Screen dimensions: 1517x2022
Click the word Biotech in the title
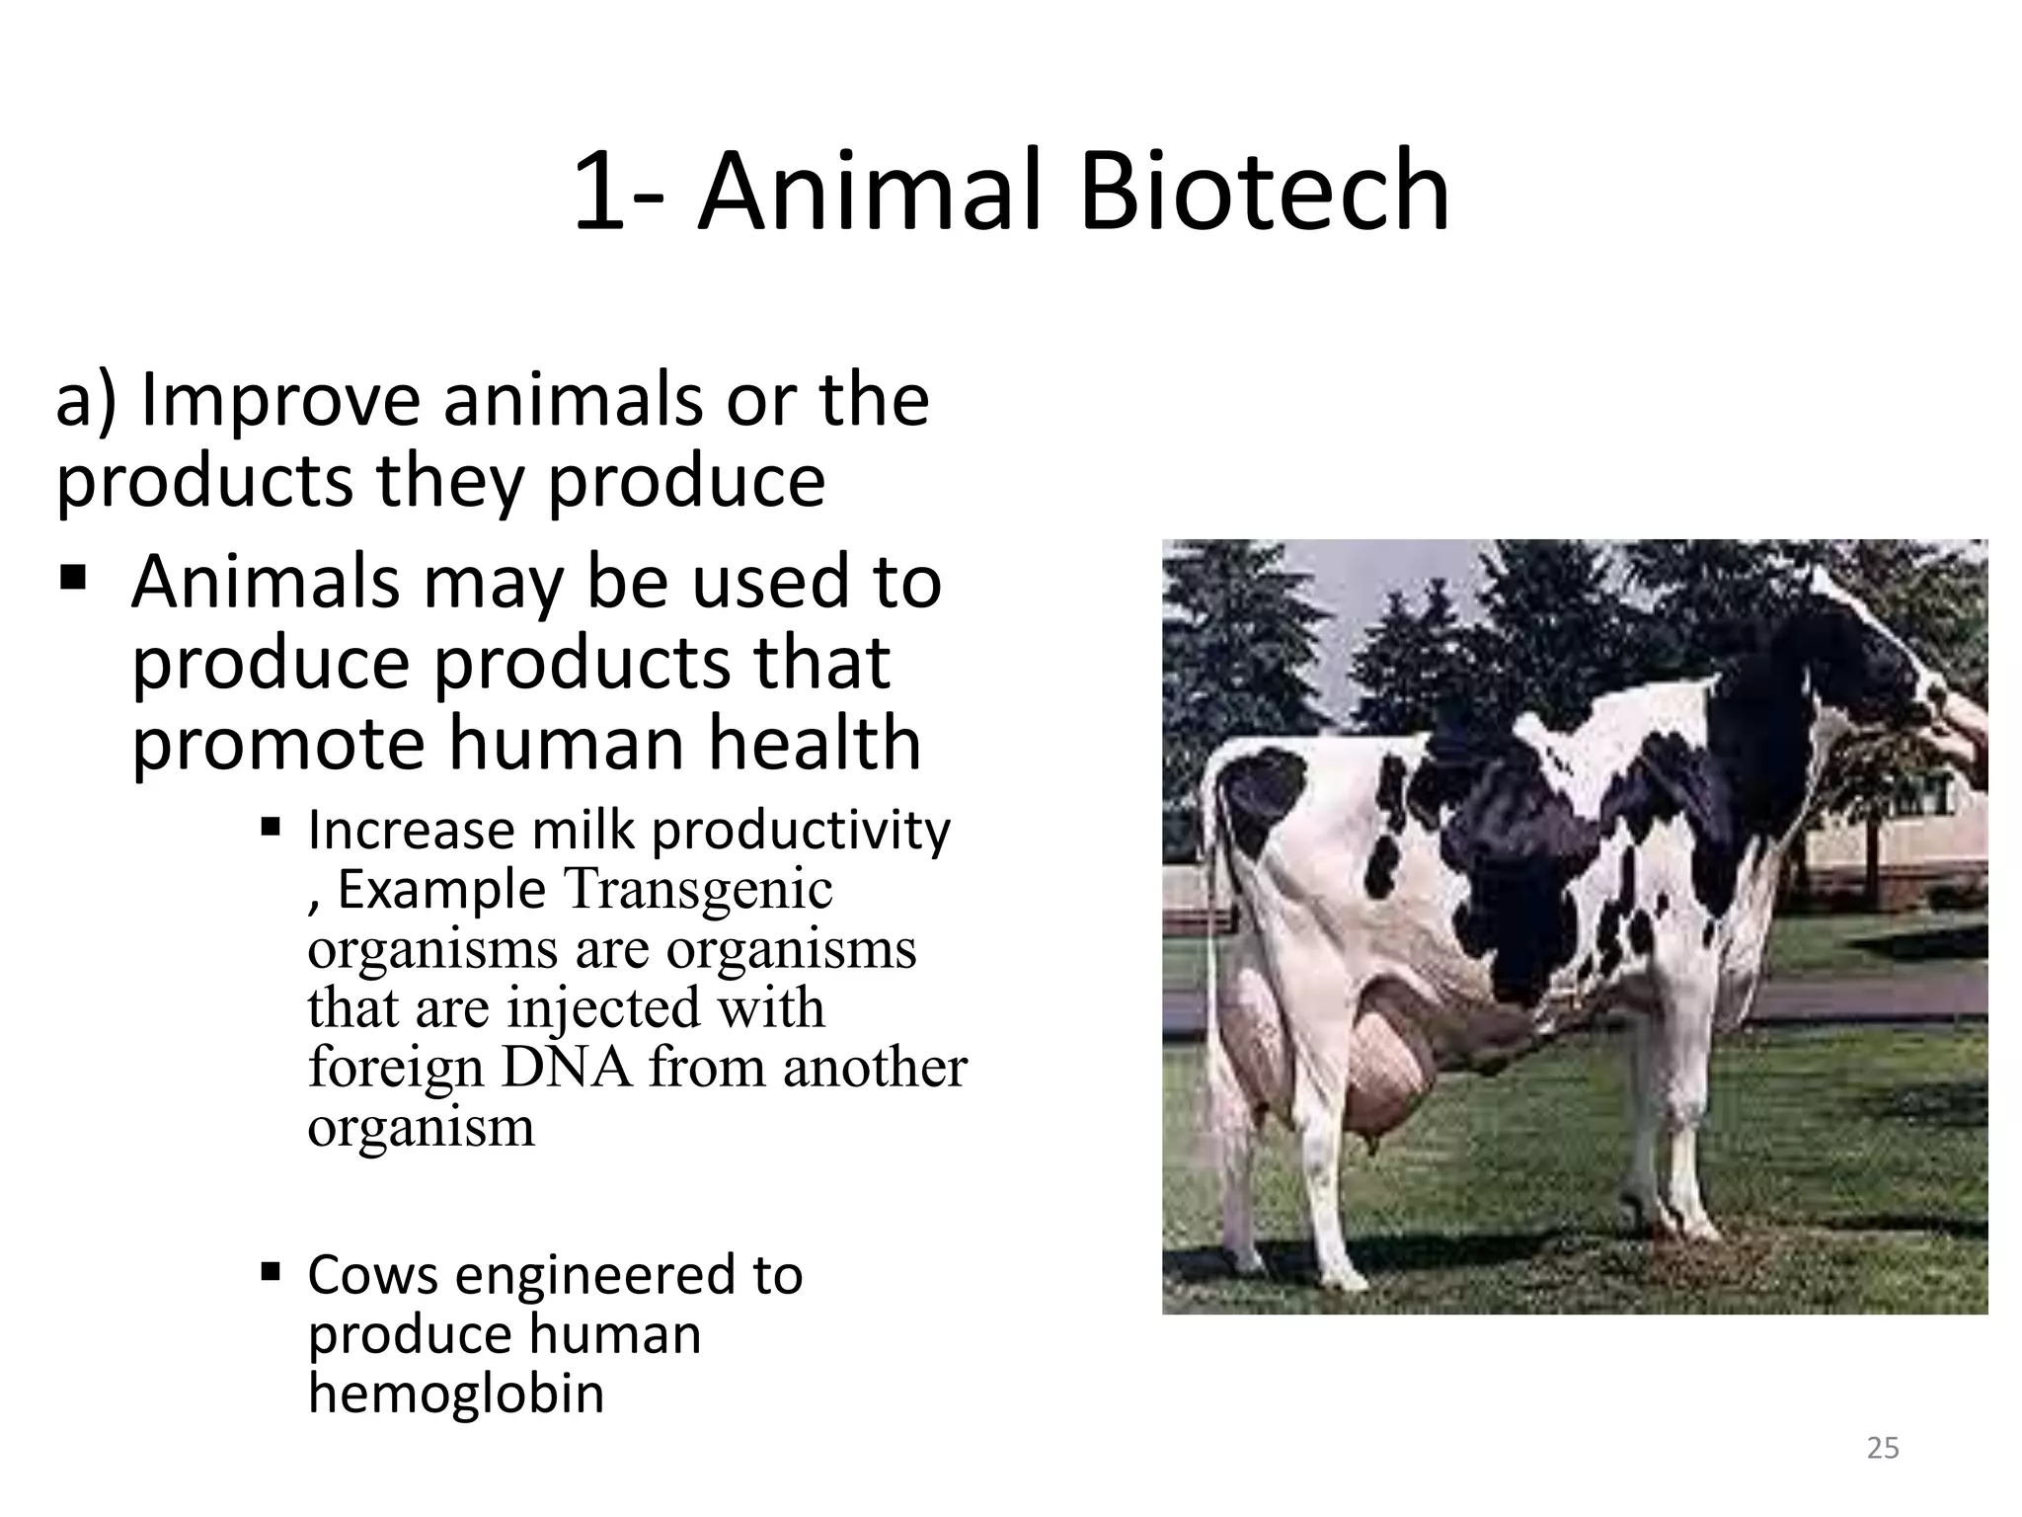[1264, 192]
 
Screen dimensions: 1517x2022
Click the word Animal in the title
[871, 192]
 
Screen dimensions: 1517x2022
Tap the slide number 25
[1883, 1448]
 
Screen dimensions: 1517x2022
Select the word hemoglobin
[456, 1393]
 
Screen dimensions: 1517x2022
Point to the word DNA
[567, 1067]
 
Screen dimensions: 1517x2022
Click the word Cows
[372, 1274]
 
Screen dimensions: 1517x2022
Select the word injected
[603, 1007]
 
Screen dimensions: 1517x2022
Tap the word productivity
[801, 830]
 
